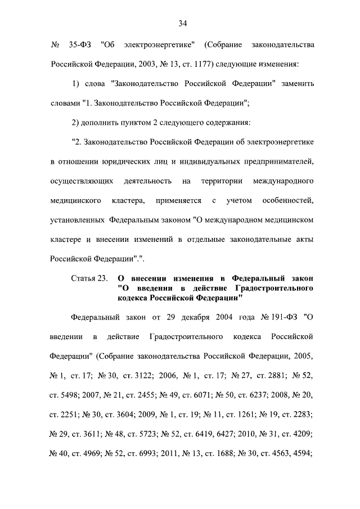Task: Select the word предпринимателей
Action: point(274,163)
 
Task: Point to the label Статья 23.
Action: point(89,278)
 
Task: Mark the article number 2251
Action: point(62,414)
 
